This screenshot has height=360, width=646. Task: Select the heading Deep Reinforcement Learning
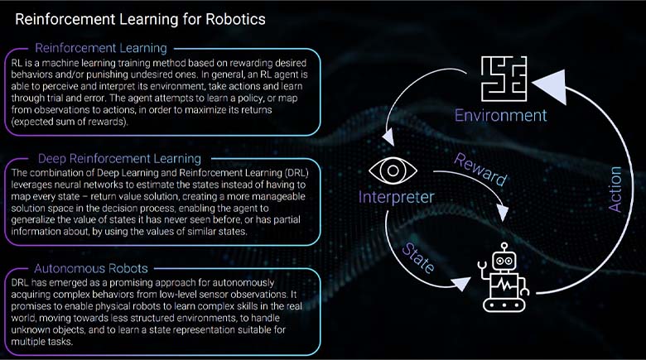[119, 158]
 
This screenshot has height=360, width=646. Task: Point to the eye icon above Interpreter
[385, 169]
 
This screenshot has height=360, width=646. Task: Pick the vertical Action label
[615, 189]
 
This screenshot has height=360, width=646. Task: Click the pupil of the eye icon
[385, 169]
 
